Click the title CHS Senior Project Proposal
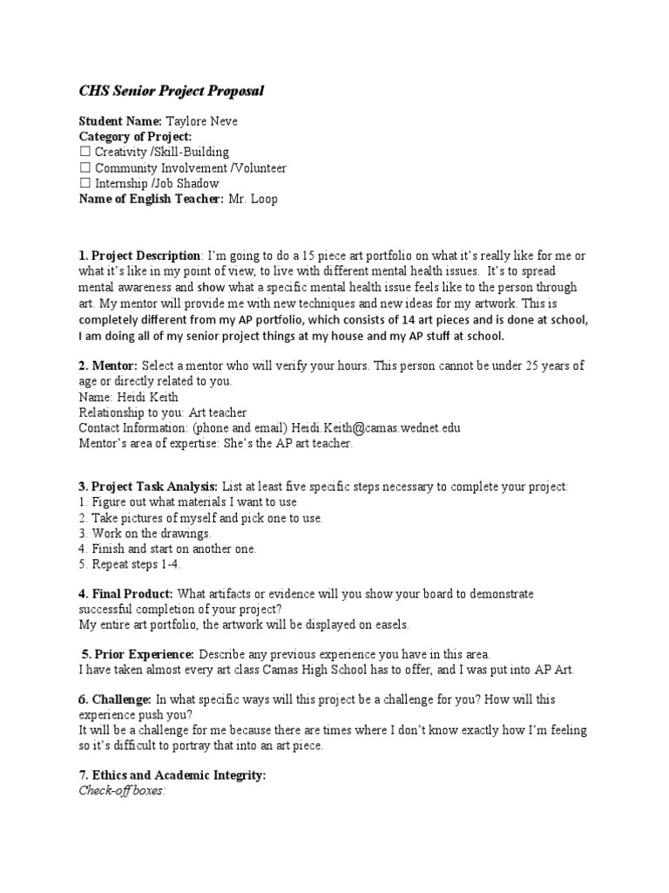tap(171, 91)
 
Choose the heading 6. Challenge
tap(115, 699)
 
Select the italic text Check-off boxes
tap(121, 791)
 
